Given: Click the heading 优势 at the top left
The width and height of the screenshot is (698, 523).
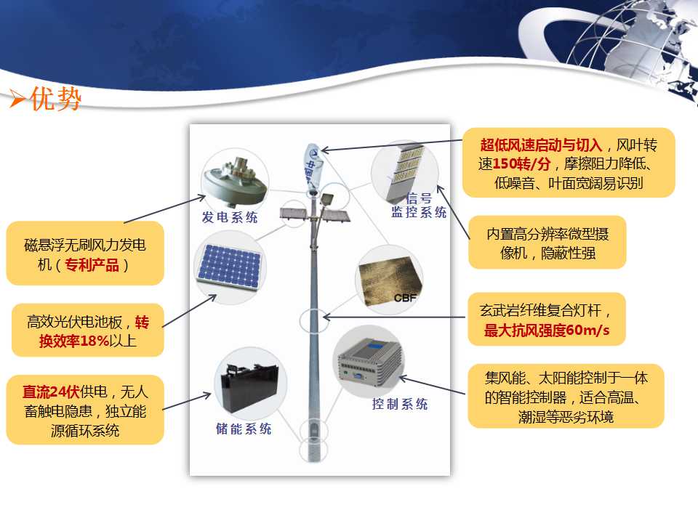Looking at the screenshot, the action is coord(56,98).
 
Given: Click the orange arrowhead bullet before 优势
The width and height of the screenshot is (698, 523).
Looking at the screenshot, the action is coord(17,98).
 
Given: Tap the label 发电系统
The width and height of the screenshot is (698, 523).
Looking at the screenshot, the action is coord(230,217).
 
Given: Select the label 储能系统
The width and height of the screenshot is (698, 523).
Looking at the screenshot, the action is coord(244,429).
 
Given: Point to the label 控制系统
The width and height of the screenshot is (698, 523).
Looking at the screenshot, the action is coord(400,404).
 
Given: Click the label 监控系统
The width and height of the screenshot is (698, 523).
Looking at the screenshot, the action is coord(419,212).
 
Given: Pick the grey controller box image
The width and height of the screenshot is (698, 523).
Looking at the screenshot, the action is coord(369,361).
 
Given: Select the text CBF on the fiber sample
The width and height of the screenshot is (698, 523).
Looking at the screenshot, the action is coord(405,298).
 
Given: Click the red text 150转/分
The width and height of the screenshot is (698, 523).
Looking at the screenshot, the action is coord(521,164).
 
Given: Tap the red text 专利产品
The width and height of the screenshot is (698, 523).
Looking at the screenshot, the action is coord(92,265).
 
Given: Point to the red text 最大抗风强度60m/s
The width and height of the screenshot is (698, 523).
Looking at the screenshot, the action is coord(547,330).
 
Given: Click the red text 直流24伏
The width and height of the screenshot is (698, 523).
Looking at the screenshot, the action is coord(51,392).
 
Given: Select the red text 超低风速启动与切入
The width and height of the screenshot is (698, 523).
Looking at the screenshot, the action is coord(541,145).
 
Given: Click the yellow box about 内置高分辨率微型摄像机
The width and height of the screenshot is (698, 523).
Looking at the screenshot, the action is coord(547,243).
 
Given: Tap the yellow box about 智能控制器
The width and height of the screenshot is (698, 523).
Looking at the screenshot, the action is coord(566,397).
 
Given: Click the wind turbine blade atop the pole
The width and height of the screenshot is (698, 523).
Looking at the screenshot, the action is coord(313,166).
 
